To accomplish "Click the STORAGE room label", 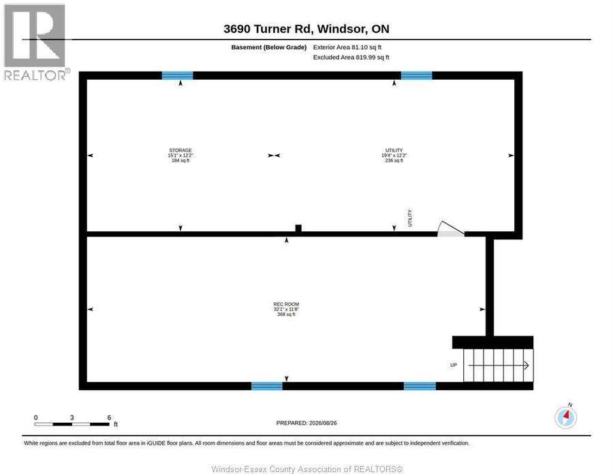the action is coord(180,150).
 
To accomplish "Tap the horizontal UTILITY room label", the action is coord(394,150).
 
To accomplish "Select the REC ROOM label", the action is coord(286,304).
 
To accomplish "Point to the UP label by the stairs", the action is coord(454,365).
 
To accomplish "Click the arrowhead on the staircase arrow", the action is coord(526,366).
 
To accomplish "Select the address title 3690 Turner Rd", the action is coord(268,29).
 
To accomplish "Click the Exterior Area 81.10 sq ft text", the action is coord(347,47).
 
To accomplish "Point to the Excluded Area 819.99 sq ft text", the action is coord(351,57).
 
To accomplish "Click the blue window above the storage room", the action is coord(178,76).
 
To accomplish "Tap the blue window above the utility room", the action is coord(417,76).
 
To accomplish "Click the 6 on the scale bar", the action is coord(109,417).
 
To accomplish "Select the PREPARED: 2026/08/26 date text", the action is coord(306,423).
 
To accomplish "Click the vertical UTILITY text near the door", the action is coord(410,218).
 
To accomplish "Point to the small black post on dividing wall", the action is coord(298,228).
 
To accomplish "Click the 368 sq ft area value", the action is coord(286,314).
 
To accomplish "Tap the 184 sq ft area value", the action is coord(180,160).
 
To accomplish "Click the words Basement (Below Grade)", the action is coord(269,47).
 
